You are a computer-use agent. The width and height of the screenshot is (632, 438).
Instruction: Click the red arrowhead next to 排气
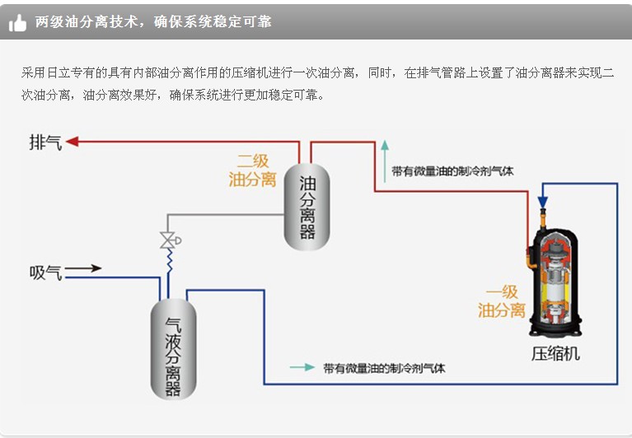73,142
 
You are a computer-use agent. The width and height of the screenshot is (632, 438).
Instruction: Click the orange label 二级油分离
252,170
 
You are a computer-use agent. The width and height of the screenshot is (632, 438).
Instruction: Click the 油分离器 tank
307,207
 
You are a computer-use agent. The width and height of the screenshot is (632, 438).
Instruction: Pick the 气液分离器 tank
173,350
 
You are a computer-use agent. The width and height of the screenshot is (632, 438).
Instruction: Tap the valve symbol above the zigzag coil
168,240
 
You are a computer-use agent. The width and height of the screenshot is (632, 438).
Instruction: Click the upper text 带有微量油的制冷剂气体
452,171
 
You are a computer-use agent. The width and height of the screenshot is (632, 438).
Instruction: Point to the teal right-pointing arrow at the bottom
302,368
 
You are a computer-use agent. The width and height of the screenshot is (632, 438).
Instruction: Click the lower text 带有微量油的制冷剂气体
384,368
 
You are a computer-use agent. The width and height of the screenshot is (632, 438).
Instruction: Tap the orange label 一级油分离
501,301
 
